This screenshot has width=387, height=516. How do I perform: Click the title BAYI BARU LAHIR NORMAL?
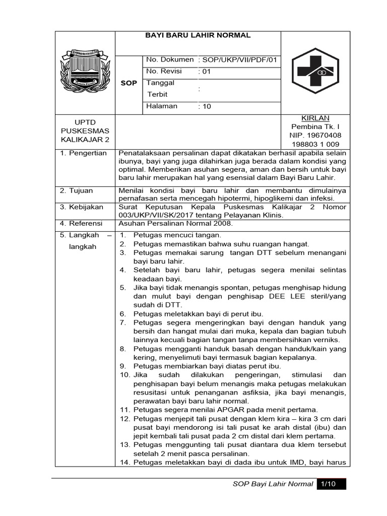pyautogui.click(x=198, y=35)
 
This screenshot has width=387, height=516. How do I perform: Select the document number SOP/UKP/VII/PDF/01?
pyautogui.click(x=239, y=60)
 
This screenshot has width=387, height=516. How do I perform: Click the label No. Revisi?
pyautogui.click(x=164, y=72)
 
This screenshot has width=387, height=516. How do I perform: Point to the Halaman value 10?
pyautogui.click(x=207, y=107)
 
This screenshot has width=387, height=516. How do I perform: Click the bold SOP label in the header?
pyautogui.click(x=128, y=83)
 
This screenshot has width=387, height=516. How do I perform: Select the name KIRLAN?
pyautogui.click(x=315, y=117)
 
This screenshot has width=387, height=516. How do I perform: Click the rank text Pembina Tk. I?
pyautogui.click(x=315, y=126)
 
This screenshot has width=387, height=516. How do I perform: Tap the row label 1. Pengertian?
pyautogui.click(x=83, y=153)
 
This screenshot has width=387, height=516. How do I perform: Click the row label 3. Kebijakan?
pyautogui.click(x=82, y=207)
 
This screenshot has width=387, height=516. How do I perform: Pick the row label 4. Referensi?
pyautogui.click(x=81, y=223)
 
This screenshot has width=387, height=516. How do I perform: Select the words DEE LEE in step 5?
pyautogui.click(x=293, y=296)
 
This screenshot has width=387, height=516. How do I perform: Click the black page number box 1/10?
pyautogui.click(x=331, y=484)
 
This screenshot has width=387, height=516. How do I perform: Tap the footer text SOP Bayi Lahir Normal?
pyautogui.click(x=273, y=484)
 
